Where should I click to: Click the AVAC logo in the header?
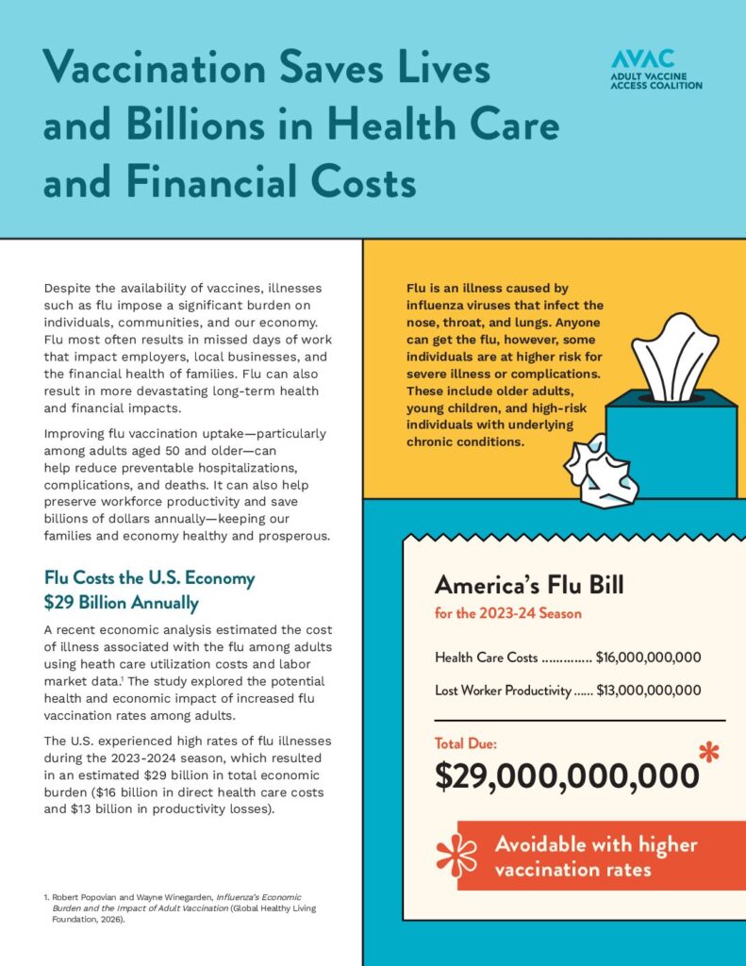click(x=656, y=70)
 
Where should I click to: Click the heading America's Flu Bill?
click(x=529, y=586)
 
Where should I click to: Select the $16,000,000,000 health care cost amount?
click(x=648, y=658)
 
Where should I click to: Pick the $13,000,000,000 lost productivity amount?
click(x=648, y=690)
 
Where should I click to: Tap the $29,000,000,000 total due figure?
click(x=567, y=774)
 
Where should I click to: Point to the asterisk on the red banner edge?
click(x=456, y=855)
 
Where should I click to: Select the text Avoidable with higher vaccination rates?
click(x=595, y=856)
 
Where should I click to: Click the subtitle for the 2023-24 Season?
click(x=507, y=614)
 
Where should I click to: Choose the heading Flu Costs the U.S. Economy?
click(x=149, y=578)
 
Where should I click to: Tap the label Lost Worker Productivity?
click(x=504, y=690)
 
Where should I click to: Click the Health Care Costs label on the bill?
click(x=487, y=658)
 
